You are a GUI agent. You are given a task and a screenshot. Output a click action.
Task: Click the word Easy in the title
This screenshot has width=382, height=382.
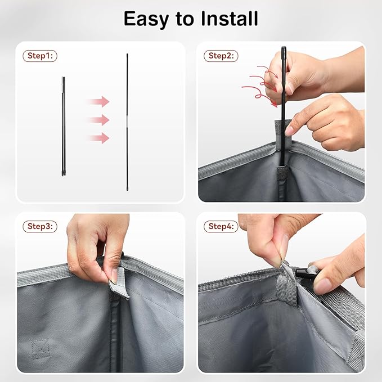[146, 19]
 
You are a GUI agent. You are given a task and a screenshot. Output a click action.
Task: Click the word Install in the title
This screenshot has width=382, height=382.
[229, 18]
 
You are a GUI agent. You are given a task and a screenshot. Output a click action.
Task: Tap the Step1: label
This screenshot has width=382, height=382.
[40, 56]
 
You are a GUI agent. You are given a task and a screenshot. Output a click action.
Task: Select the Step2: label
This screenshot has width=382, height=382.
[221, 56]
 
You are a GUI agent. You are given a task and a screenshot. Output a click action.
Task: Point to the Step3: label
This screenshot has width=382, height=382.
[40, 226]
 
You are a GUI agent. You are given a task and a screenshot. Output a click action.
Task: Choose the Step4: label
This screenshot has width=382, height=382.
[221, 226]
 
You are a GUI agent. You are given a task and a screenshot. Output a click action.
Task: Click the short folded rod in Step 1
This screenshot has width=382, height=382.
[64, 127]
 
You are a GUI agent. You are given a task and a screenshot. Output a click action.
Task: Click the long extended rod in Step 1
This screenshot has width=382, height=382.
[127, 122]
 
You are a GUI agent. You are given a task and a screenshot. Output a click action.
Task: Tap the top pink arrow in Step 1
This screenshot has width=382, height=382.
[98, 102]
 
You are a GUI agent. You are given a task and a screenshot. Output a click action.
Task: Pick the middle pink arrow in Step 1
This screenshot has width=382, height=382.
[98, 120]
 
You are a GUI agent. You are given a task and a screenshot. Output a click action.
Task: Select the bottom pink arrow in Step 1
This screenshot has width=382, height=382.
[98, 138]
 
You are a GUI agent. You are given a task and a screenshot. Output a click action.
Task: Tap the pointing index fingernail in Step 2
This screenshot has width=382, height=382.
[290, 132]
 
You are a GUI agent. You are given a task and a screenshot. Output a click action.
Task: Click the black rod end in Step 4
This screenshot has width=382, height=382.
[303, 273]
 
